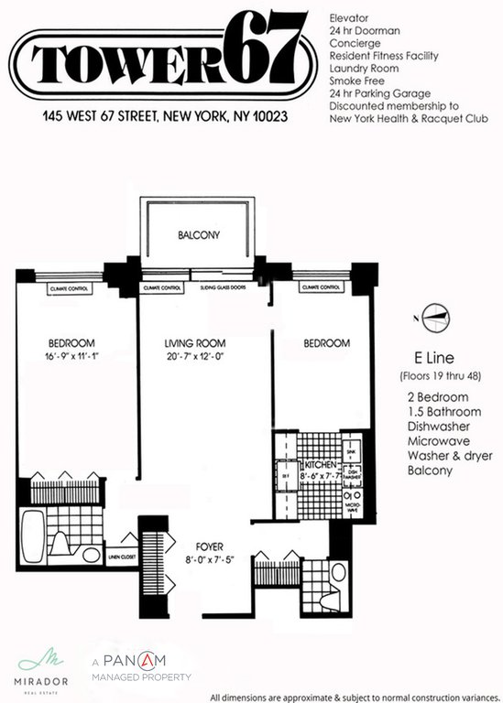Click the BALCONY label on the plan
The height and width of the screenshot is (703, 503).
click(x=199, y=235)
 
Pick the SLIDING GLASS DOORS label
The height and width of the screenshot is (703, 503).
click(x=223, y=287)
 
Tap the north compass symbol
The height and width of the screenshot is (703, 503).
click(x=433, y=314)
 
